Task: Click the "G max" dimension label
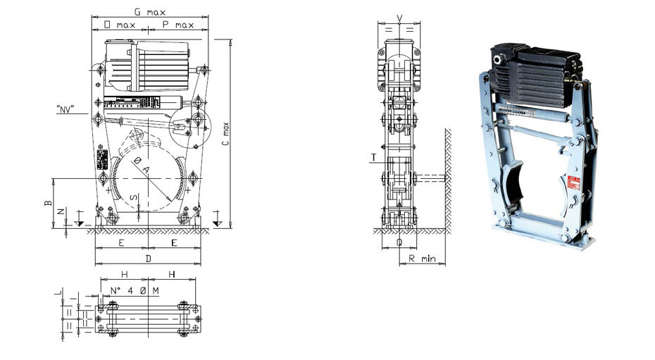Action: [149, 11]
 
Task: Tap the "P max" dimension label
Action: [178, 25]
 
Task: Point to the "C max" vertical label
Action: [225, 134]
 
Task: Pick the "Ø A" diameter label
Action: [142, 168]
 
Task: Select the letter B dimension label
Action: [48, 203]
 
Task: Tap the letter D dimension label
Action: [149, 259]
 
